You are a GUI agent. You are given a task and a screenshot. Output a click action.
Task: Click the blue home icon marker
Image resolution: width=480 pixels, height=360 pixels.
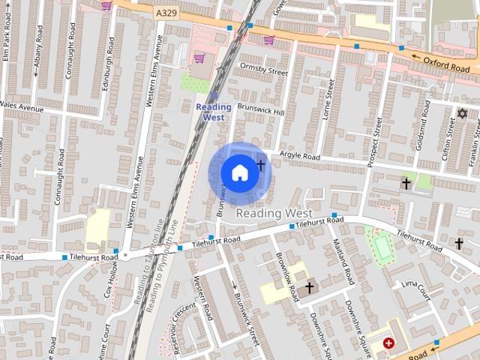tap(238, 173)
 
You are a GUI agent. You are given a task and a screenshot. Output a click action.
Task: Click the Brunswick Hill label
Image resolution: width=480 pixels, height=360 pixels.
tap(260, 109)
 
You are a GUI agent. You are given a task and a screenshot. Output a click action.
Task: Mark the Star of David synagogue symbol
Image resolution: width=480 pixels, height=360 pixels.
tap(462, 114)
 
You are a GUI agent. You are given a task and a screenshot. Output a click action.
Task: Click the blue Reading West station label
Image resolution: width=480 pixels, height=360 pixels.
tap(214, 112)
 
